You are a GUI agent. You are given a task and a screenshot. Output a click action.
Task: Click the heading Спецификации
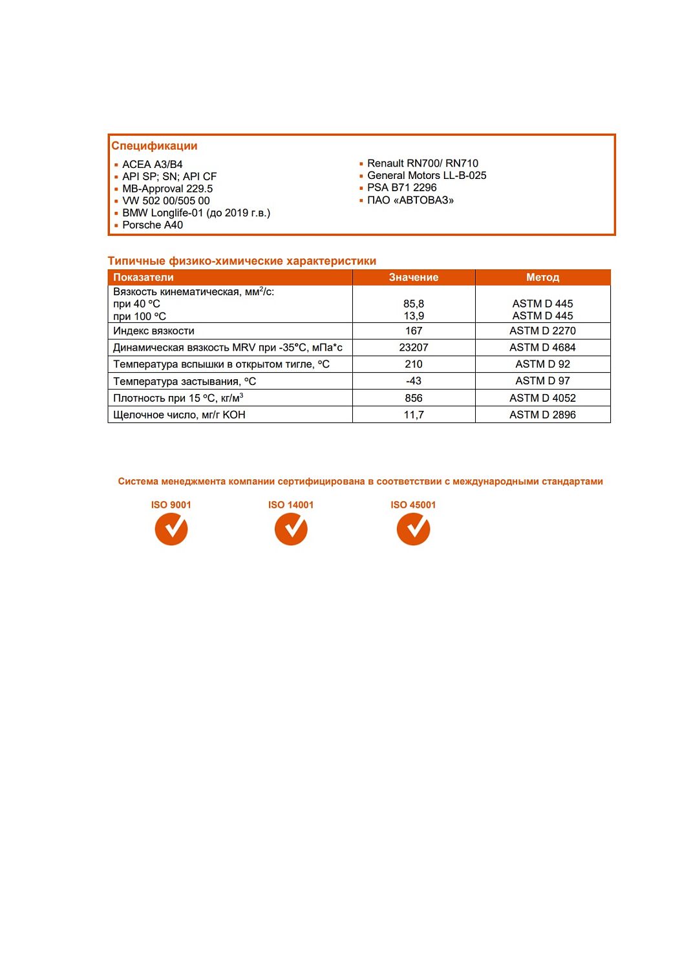point(154,146)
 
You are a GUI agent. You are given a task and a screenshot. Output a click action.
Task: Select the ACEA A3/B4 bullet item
point(152,164)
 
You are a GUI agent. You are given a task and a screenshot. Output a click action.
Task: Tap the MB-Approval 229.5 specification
point(167,189)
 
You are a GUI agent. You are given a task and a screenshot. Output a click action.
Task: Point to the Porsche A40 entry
point(153,225)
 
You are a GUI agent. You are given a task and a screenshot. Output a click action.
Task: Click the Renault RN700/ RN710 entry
point(422,163)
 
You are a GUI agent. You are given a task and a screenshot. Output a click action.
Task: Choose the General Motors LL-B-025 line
point(426,176)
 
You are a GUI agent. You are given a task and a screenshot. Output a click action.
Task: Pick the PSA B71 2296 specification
point(401,188)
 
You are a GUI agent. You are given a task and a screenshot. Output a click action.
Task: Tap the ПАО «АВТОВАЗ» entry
point(410,200)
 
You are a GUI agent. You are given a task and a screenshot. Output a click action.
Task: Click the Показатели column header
point(144,277)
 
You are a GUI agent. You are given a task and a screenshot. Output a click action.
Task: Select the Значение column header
point(414,277)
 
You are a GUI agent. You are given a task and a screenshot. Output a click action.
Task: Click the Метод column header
point(542,277)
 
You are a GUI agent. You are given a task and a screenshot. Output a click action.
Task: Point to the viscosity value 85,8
point(414,304)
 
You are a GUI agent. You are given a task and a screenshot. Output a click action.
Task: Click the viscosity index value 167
point(414,331)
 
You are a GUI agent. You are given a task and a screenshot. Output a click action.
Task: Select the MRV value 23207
point(414,348)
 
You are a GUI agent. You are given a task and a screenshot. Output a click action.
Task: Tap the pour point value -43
point(414,381)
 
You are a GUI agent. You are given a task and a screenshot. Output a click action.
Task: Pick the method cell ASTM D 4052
point(542,398)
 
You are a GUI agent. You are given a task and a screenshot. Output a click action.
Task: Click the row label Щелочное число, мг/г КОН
point(179,415)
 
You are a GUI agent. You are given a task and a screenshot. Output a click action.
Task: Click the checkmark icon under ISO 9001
point(171,529)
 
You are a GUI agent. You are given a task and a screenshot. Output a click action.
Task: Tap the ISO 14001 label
point(291,505)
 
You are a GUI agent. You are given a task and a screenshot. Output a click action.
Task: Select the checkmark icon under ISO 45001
point(413,529)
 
